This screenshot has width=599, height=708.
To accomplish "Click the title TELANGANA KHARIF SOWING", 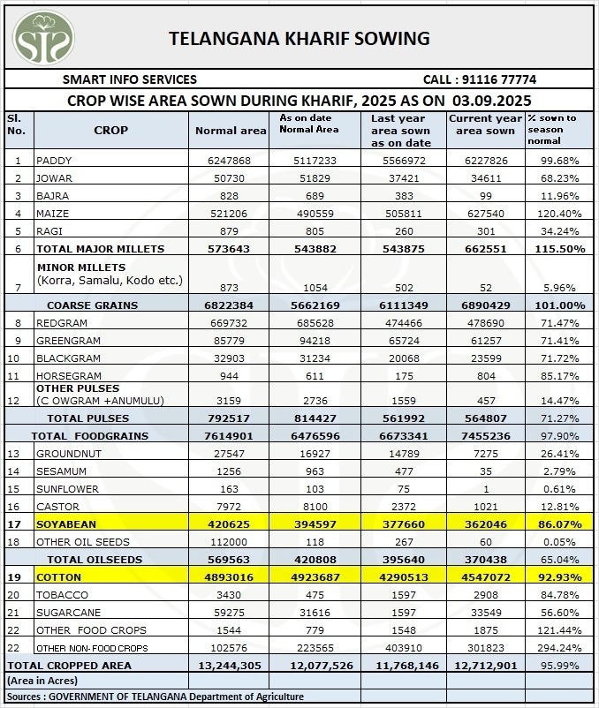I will tap(299, 38).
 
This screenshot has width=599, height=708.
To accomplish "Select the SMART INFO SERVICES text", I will tap(130, 79).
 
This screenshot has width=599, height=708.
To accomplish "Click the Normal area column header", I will tap(231, 131).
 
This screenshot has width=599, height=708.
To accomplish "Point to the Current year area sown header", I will tap(485, 124).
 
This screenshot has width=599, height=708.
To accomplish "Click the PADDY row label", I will tap(54, 161).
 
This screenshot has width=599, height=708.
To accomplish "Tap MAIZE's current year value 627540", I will tap(485, 214).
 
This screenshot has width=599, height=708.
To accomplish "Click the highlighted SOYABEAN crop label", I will tap(66, 523).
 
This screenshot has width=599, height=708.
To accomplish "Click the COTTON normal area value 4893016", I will tap(230, 576).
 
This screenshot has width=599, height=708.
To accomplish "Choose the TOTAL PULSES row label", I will tap(87, 418).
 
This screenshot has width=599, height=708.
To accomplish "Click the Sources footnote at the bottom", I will tap(155, 697).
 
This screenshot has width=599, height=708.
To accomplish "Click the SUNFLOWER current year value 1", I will tap(485, 488).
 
